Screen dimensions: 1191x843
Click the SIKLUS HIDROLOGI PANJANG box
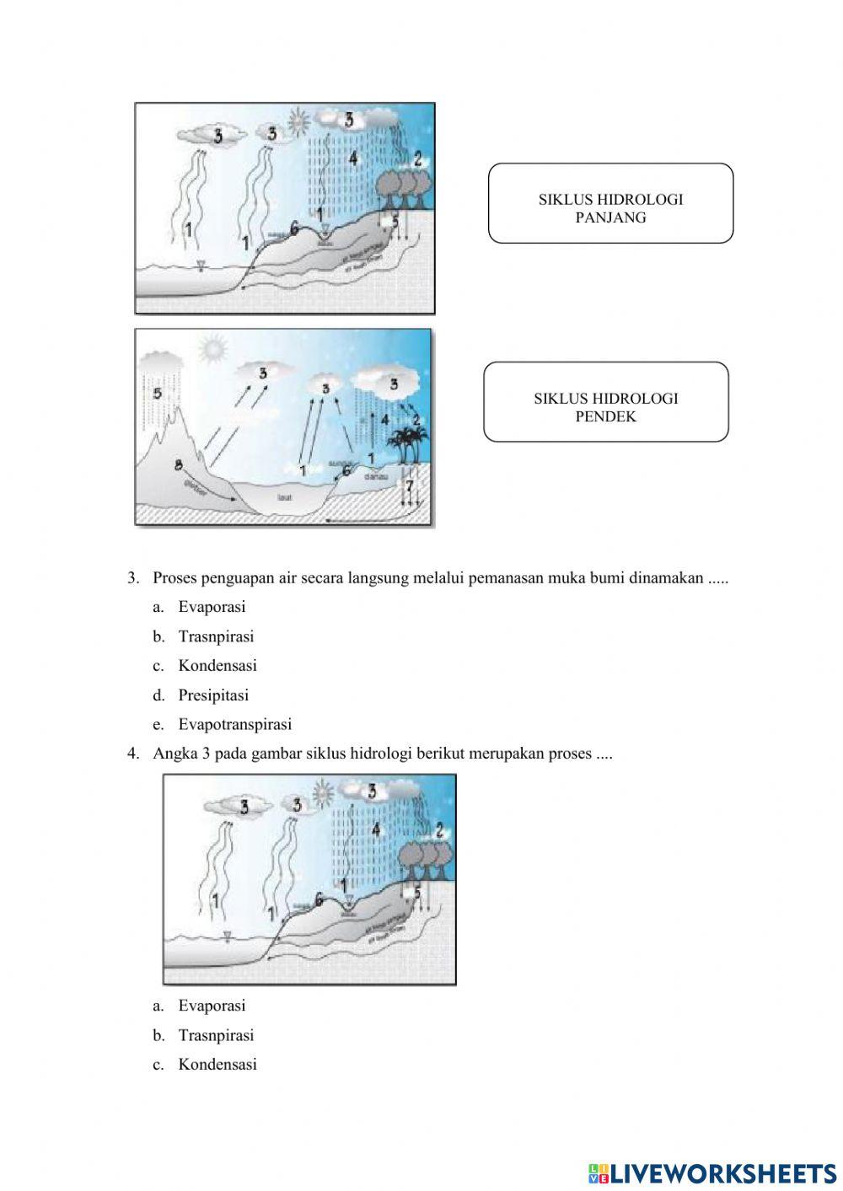click(610, 203)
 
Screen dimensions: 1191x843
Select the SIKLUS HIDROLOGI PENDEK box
click(605, 402)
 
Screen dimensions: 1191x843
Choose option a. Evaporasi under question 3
click(212, 607)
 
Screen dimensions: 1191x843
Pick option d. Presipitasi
click(213, 695)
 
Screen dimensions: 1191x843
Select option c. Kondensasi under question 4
click(217, 1064)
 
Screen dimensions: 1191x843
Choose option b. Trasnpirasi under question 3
click(216, 636)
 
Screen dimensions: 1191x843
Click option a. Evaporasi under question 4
click(212, 1006)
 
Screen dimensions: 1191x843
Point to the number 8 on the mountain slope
click(178, 465)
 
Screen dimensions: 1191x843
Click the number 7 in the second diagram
click(410, 486)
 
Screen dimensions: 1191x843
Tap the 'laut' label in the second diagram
click(283, 498)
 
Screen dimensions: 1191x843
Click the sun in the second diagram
click(213, 347)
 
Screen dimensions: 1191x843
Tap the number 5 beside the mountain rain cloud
click(157, 394)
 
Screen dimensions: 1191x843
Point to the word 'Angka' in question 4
click(175, 754)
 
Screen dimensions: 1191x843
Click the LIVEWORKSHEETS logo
click(711, 1172)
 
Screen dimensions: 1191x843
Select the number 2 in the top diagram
click(417, 158)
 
